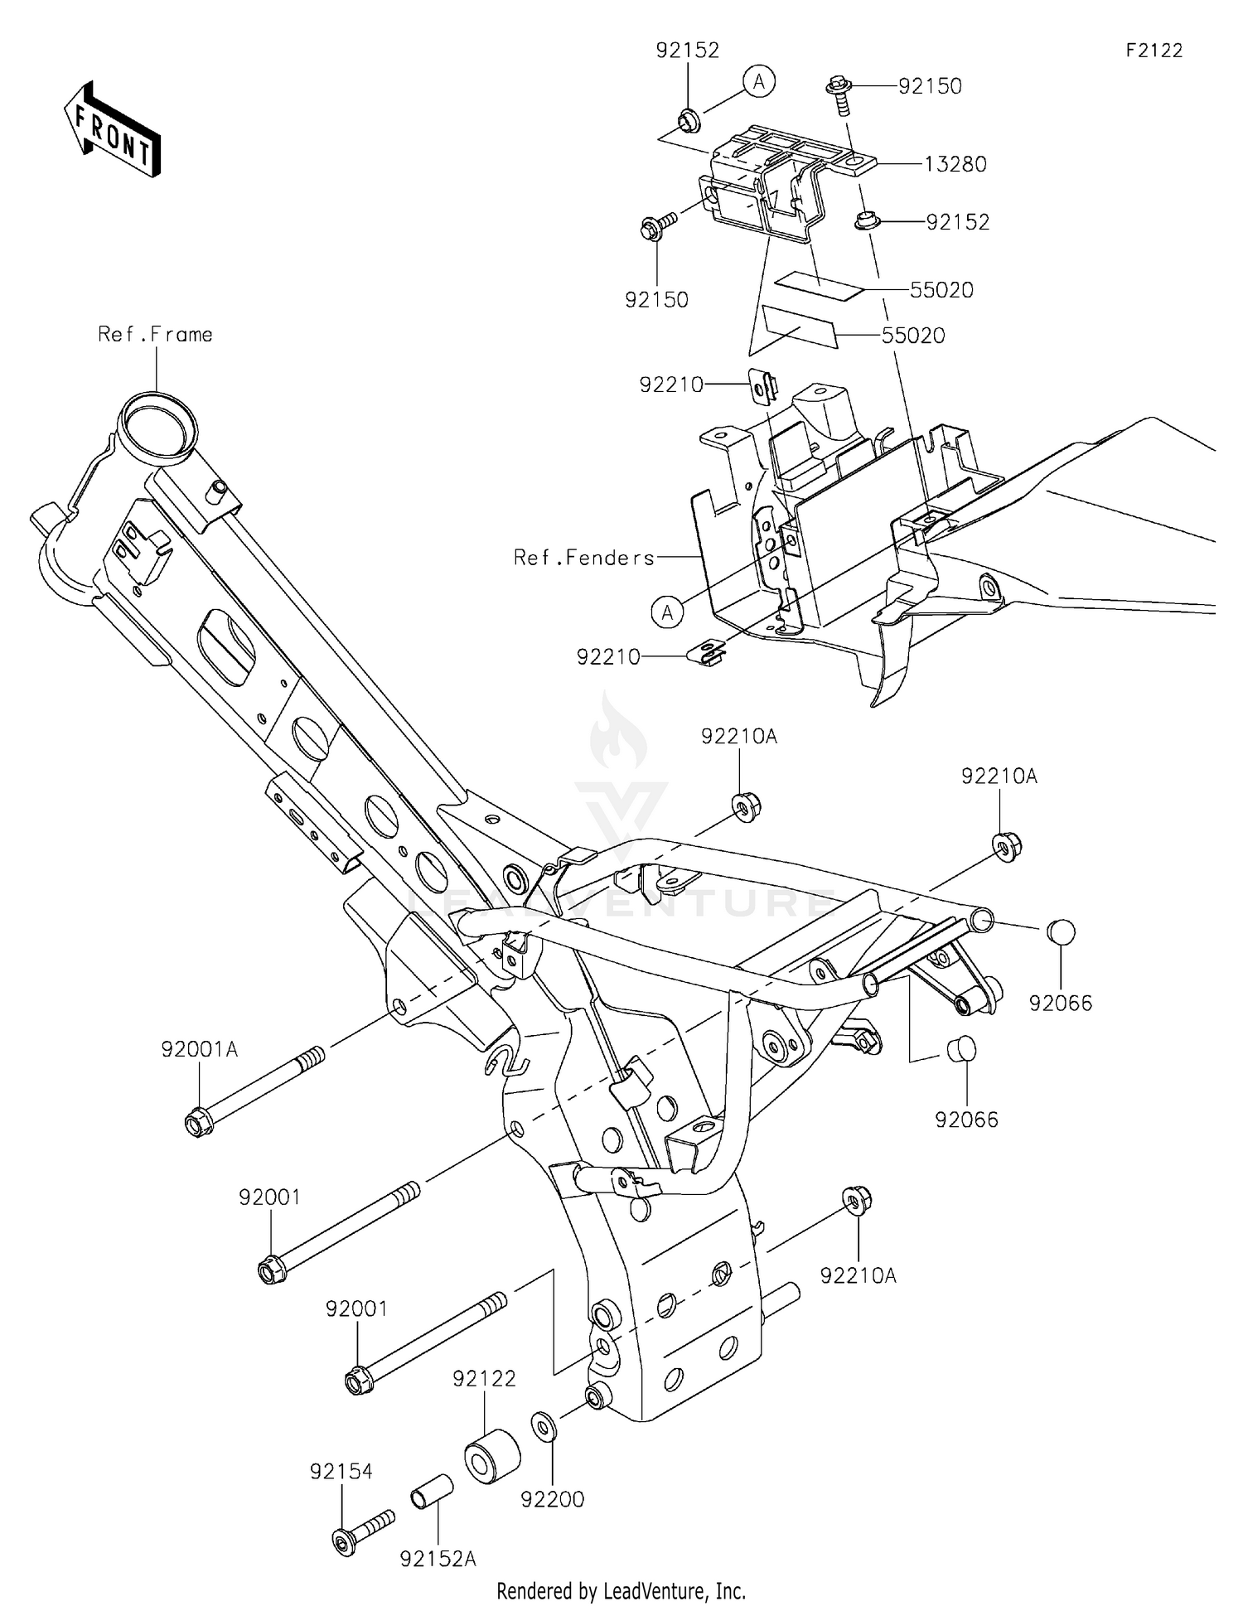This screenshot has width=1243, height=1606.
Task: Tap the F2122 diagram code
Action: coord(1154,51)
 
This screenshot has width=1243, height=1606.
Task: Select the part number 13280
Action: coord(955,164)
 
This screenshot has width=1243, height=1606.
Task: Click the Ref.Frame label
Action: coord(155,334)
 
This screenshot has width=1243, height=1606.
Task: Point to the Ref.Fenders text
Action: coord(584,558)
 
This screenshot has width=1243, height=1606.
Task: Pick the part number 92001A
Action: coord(200,1049)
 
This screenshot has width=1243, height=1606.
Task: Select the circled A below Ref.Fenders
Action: coord(667,612)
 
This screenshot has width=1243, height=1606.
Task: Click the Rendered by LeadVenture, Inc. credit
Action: coord(621,1590)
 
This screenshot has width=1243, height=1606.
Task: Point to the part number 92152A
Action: coord(438,1559)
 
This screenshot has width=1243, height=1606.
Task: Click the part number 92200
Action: coord(553,1498)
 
